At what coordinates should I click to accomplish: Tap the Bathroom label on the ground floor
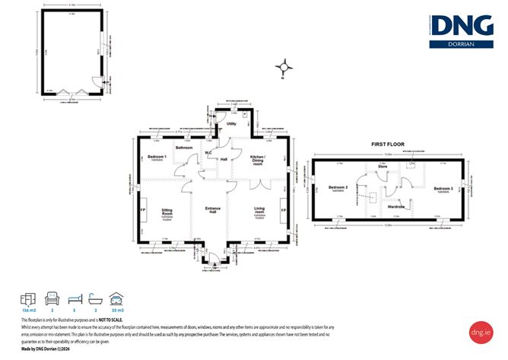[184, 148]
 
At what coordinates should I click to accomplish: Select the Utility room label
[232, 123]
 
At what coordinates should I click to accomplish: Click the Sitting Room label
[167, 214]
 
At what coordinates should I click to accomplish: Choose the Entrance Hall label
[213, 212]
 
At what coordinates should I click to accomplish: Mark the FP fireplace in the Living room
[283, 210]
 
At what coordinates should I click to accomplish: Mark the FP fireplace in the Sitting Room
[142, 210]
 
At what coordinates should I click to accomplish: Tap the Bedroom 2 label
[338, 187]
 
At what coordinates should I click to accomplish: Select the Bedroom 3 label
[443, 188]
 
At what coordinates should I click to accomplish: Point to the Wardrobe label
[395, 206]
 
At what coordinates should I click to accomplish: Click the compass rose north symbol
[283, 67]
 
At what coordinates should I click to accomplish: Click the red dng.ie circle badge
[481, 333]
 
